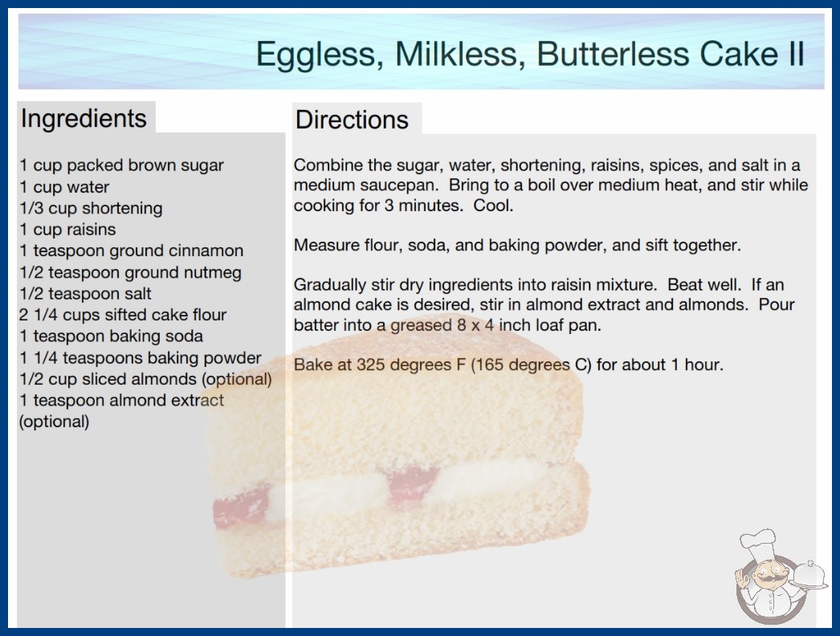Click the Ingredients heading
[84, 119]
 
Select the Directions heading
[352, 120]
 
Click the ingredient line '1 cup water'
[64, 187]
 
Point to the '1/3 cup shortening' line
[91, 209]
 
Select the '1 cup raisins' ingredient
[67, 230]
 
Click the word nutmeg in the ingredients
[213, 273]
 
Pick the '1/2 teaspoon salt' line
[86, 294]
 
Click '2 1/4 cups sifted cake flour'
[123, 315]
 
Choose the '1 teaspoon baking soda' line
[112, 336]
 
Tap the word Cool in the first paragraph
[493, 206]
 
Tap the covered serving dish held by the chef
[809, 577]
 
